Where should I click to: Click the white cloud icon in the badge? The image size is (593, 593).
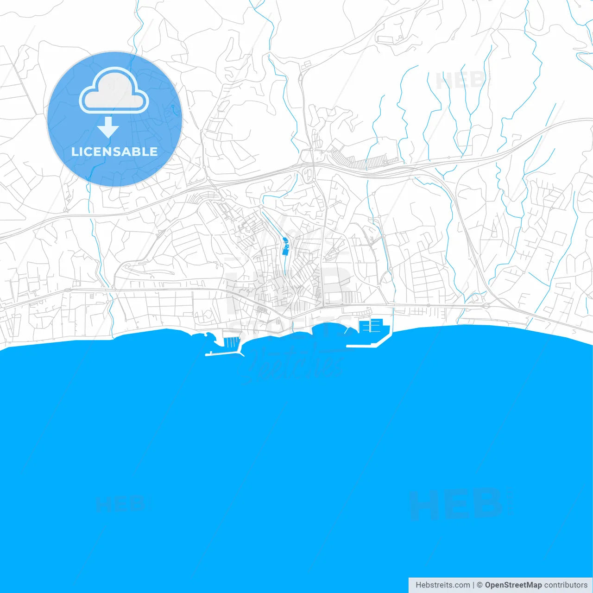click(114, 90)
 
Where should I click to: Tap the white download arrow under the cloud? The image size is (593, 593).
click(108, 127)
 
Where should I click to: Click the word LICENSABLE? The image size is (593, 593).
click(114, 151)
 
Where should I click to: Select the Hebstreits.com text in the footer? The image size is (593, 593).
click(442, 585)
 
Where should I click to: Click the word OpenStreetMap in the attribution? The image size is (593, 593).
click(513, 585)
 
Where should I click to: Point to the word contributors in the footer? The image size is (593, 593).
click(565, 585)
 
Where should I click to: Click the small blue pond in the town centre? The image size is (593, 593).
click(285, 246)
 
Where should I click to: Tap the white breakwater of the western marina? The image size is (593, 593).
click(222, 354)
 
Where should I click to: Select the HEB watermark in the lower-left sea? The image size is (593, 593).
click(120, 504)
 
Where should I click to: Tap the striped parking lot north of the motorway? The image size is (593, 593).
click(366, 162)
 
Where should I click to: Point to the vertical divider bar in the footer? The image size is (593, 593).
click(473, 585)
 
